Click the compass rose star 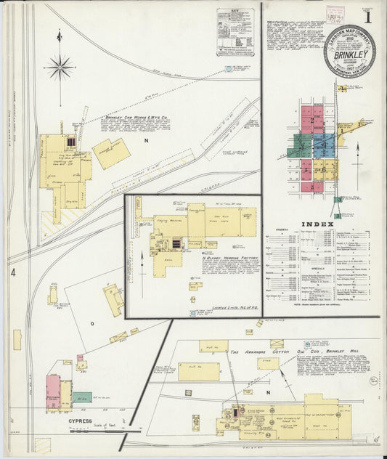pyautogui.click(x=60, y=68)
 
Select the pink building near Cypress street pyautogui.click(x=53, y=389)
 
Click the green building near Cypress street pyautogui.click(x=82, y=397)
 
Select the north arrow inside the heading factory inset pyautogui.click(x=141, y=269)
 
